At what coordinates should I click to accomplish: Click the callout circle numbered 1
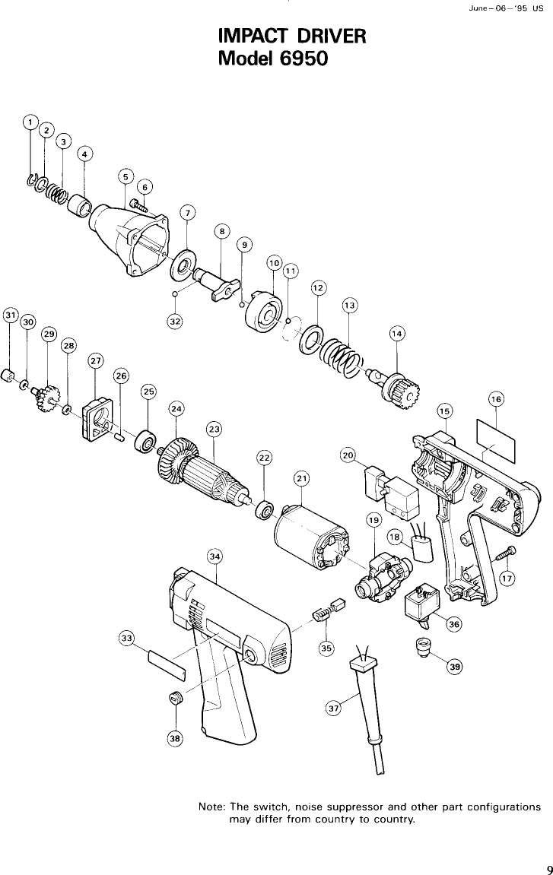pyautogui.click(x=30, y=122)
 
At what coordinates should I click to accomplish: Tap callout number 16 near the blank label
pyautogui.click(x=495, y=399)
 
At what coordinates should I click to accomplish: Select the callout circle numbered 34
pyautogui.click(x=215, y=557)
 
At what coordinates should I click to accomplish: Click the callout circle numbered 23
pyautogui.click(x=215, y=430)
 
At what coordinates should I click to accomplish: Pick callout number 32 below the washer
pyautogui.click(x=176, y=321)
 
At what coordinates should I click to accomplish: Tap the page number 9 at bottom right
pyautogui.click(x=547, y=849)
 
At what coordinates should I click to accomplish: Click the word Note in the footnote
pyautogui.click(x=211, y=807)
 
